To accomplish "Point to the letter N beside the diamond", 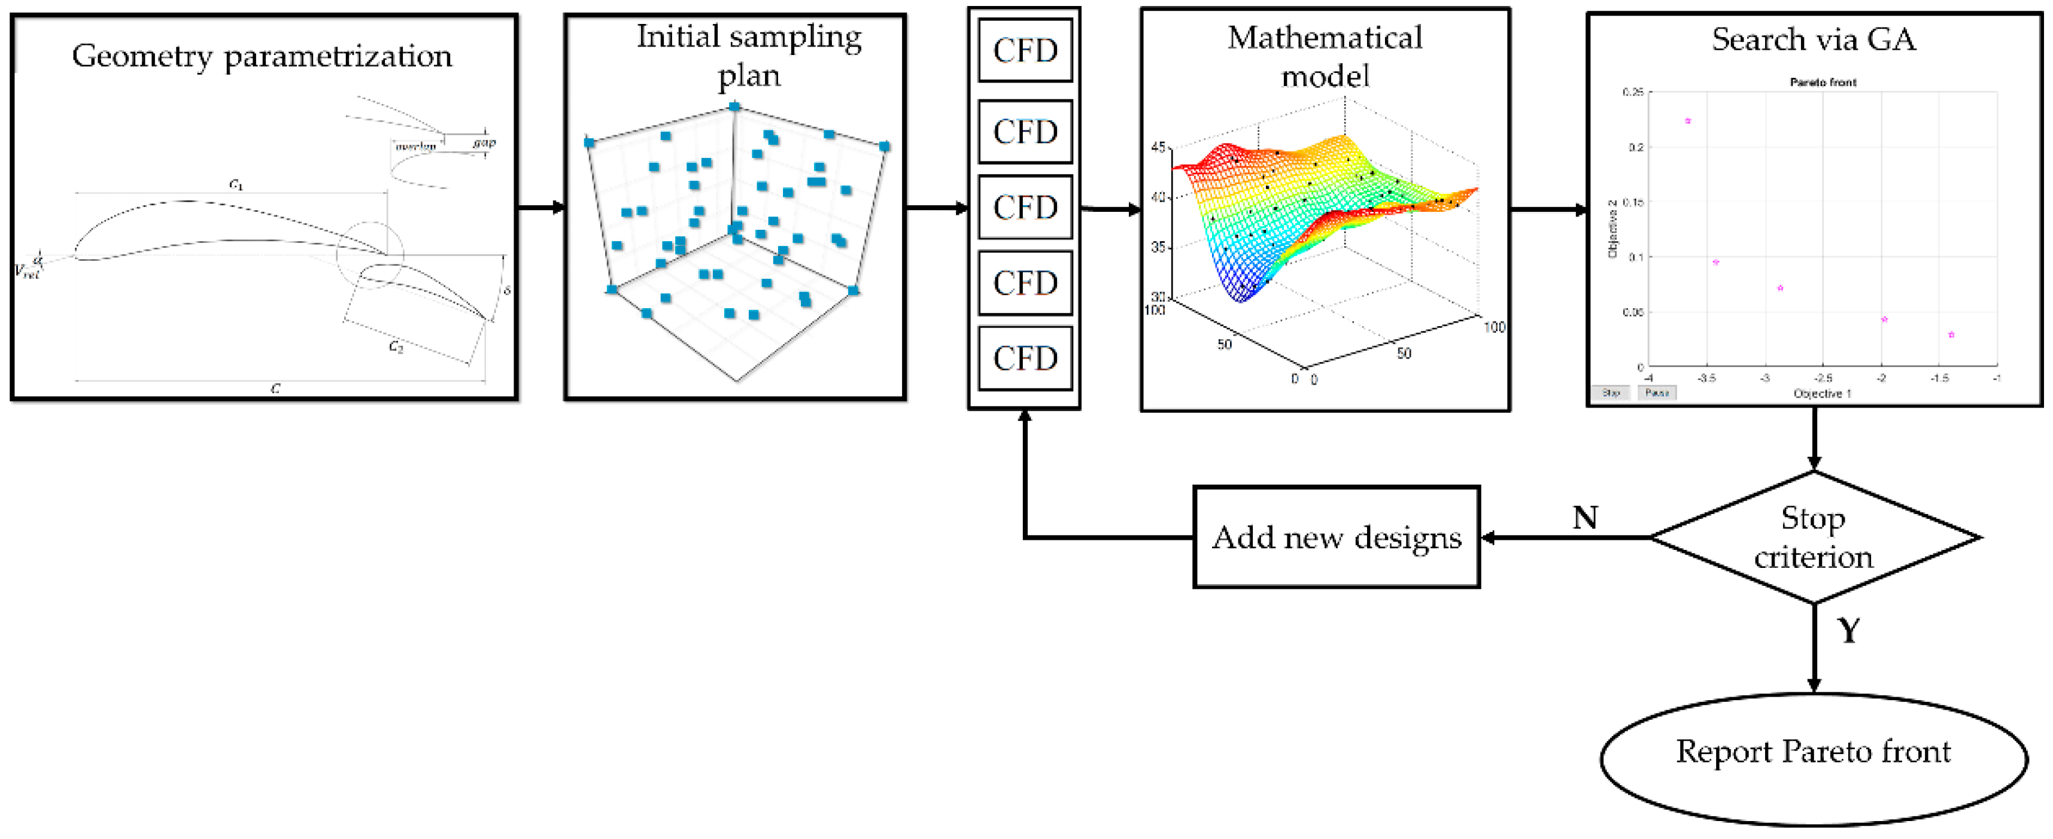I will tap(1584, 518).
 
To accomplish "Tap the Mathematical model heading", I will tap(1325, 56).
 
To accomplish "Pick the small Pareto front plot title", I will tap(1823, 82).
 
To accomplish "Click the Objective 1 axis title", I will tap(1822, 394).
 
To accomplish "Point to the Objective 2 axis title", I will tap(1612, 229).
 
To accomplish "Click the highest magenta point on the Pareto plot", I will tap(1688, 121).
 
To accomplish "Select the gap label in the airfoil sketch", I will tap(484, 142).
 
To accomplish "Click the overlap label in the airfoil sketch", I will tap(416, 146).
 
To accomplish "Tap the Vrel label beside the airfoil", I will tap(26, 272).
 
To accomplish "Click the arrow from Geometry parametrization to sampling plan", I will tap(541, 208).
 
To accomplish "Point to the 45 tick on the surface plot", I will tap(1158, 147).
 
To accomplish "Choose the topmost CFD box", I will tap(1025, 50).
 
